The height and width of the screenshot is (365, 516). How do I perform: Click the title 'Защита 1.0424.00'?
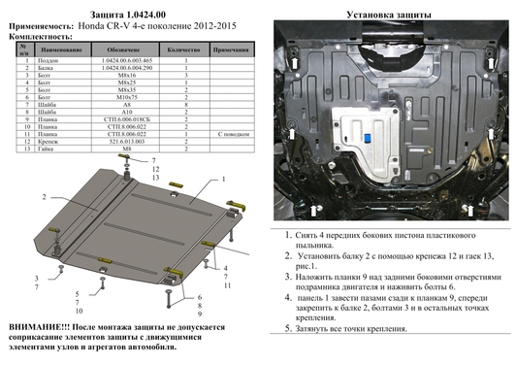(x=125, y=10)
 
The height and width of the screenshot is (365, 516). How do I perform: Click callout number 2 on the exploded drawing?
(x=44, y=195)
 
